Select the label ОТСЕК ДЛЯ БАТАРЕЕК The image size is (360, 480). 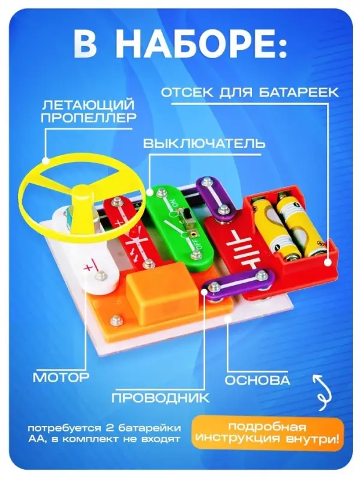[250, 92]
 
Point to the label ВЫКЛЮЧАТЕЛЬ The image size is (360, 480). [204, 144]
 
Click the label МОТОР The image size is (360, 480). [61, 377]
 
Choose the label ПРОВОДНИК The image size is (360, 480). [161, 397]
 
